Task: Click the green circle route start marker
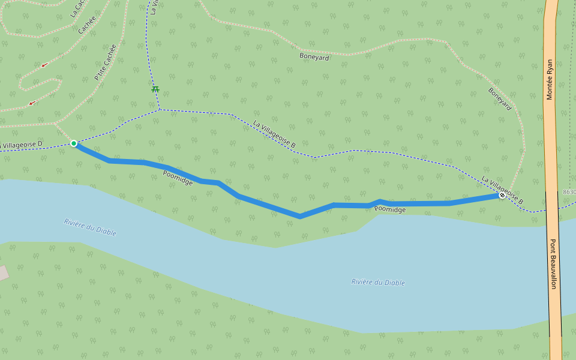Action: coord(74,143)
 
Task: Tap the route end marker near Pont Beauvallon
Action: coord(502,196)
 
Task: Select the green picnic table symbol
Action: coord(155,89)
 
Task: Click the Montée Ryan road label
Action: coord(550,79)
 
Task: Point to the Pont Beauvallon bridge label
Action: coord(553,265)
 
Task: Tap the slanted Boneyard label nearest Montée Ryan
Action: coord(500,99)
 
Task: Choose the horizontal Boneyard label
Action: coord(314,57)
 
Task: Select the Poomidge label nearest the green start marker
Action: coord(178,178)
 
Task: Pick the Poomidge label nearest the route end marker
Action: coord(390,209)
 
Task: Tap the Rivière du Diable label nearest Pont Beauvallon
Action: coord(378,282)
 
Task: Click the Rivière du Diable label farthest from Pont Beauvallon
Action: coord(90,227)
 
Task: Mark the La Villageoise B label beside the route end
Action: coord(503,189)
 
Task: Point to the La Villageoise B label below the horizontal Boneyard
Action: coord(274,134)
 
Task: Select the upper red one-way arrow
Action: coord(44,65)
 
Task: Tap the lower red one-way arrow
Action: coord(32,103)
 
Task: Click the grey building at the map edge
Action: coord(3,273)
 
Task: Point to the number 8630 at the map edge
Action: coord(569,192)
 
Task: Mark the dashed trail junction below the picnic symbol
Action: coord(160,109)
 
